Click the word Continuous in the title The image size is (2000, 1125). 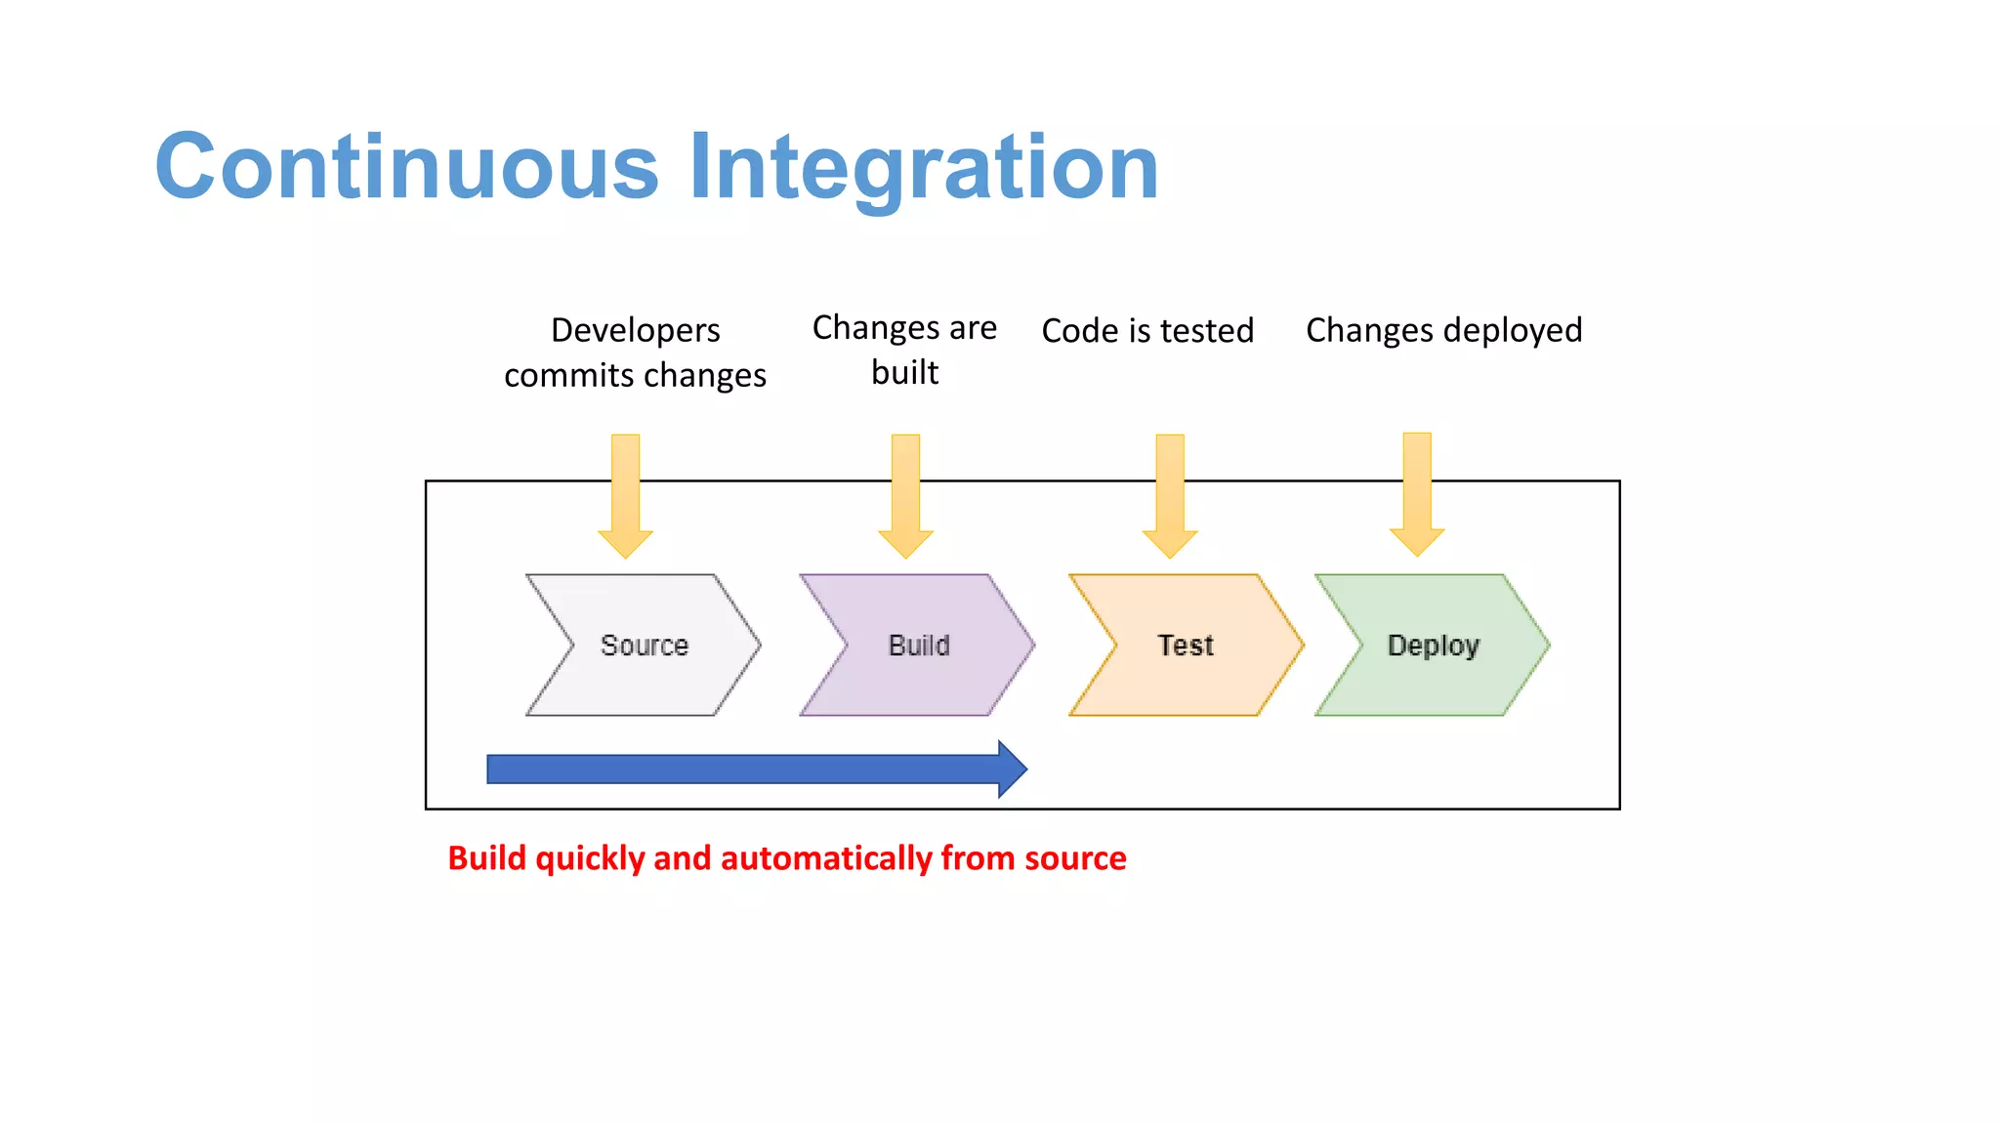click(406, 167)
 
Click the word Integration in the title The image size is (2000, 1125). click(924, 167)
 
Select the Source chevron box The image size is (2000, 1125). click(644, 646)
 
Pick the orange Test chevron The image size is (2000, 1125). click(1186, 646)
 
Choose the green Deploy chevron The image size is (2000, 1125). click(1433, 646)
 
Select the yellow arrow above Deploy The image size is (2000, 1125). click(1417, 494)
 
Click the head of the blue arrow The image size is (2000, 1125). click(1012, 770)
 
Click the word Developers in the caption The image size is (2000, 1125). click(635, 331)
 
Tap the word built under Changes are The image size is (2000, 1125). click(904, 373)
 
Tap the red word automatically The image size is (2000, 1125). click(826, 858)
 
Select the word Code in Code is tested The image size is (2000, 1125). click(1079, 331)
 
